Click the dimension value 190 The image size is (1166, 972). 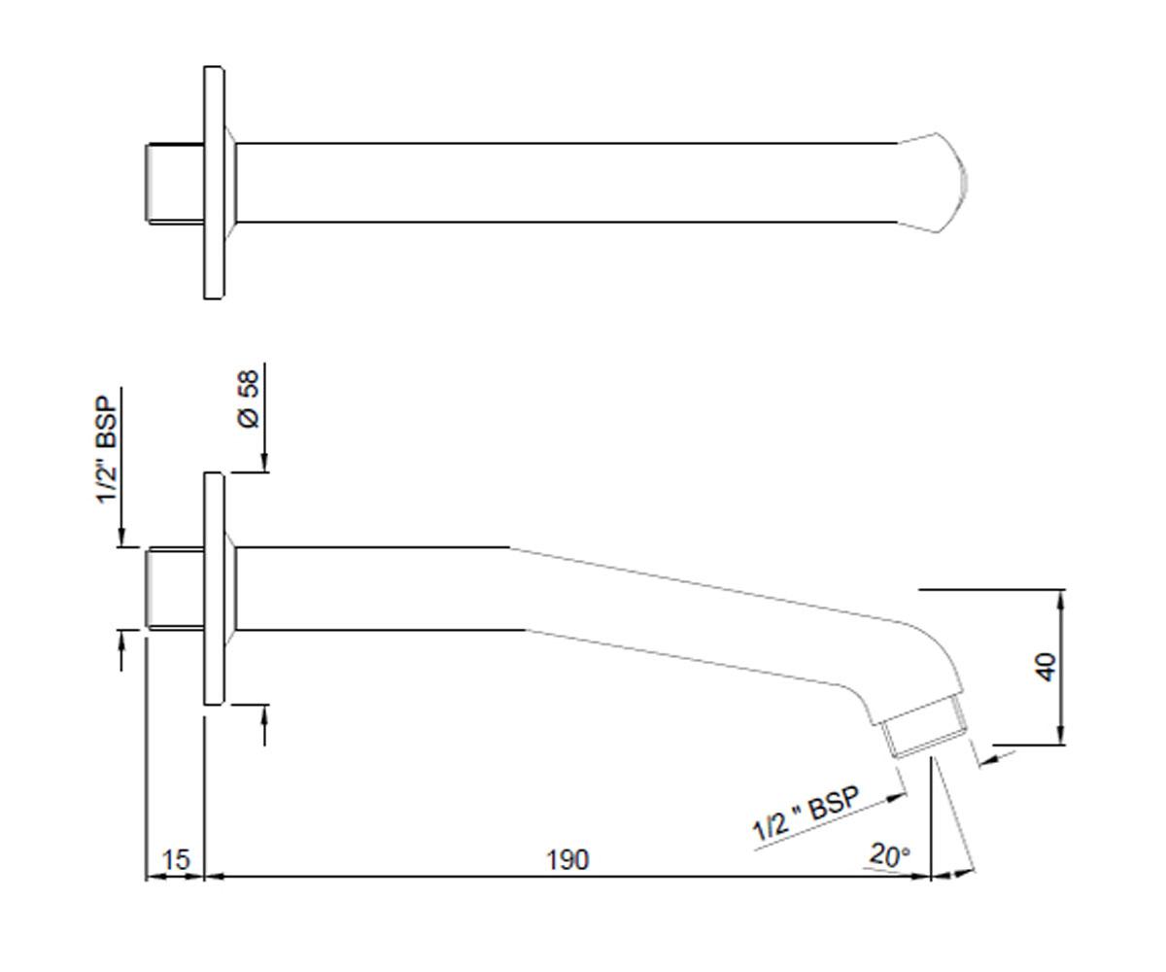pos(567,859)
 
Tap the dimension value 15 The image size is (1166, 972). pos(176,859)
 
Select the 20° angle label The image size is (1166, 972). pos(890,855)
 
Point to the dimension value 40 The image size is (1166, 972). pos(1046,667)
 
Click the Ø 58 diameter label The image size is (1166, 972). pos(249,399)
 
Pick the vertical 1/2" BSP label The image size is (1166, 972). pos(107,450)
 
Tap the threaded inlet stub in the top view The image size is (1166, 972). pos(175,184)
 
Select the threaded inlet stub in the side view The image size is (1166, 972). pos(175,589)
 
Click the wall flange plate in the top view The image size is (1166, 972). pos(214,183)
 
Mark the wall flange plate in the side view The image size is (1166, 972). pos(214,588)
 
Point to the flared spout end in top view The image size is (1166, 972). pos(933,183)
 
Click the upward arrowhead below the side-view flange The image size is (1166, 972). pos(264,716)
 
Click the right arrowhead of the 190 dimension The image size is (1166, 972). pos(920,877)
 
